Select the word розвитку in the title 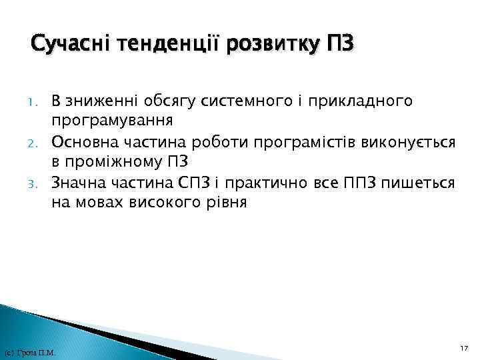273,45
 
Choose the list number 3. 39,183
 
